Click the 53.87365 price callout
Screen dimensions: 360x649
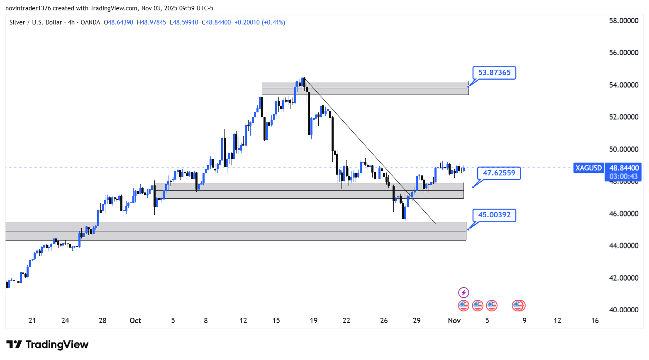point(494,73)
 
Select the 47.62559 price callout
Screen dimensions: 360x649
point(499,173)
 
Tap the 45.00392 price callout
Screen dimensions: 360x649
point(494,215)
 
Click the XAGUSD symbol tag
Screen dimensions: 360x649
point(588,168)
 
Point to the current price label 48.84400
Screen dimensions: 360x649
point(624,168)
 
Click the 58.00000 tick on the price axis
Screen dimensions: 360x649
point(623,21)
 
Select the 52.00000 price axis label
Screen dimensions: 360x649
point(623,117)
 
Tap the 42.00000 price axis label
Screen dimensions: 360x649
point(623,278)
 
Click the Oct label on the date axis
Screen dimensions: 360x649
point(135,321)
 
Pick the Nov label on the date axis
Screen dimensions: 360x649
point(454,321)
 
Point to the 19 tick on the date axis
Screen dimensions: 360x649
point(314,321)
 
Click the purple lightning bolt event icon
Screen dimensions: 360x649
point(464,292)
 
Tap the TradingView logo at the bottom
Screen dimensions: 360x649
point(48,345)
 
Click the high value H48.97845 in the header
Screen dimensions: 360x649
point(151,22)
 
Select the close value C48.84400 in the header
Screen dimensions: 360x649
point(216,22)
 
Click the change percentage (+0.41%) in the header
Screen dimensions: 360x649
point(273,22)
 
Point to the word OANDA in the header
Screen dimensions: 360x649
point(90,22)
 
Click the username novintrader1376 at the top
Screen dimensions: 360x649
point(28,8)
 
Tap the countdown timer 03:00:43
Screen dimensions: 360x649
point(624,176)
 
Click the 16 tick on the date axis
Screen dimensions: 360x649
point(595,321)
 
